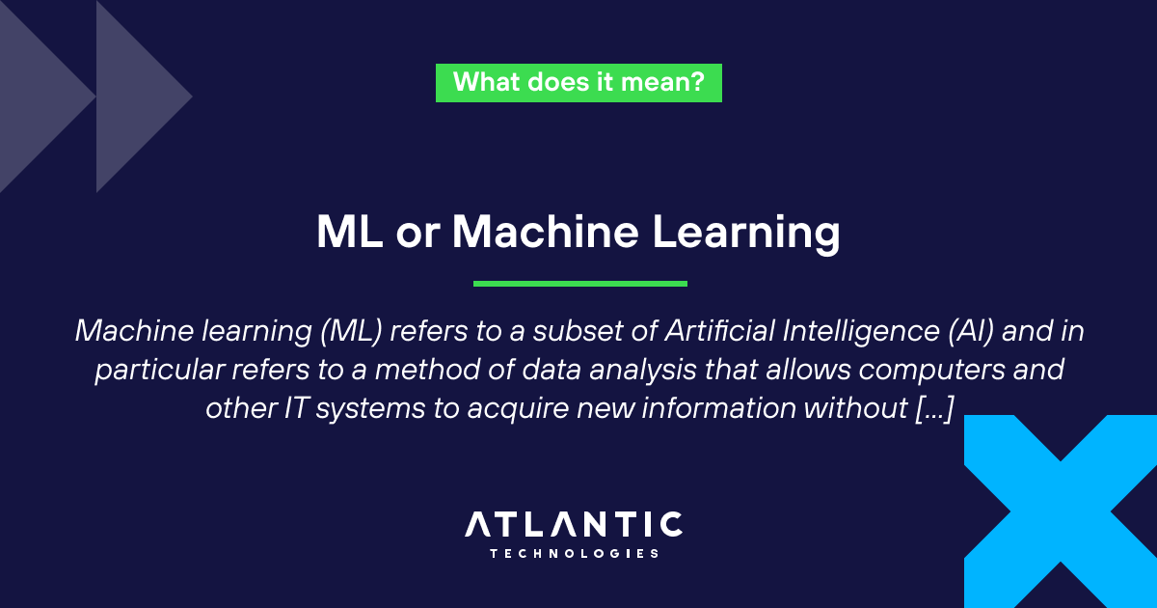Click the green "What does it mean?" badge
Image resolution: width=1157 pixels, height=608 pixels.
click(578, 83)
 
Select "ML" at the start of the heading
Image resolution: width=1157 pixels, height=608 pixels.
click(350, 232)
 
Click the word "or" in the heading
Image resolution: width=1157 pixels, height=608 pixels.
click(417, 236)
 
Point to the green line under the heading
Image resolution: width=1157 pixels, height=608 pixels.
click(580, 284)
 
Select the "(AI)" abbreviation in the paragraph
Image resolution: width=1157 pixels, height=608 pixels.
click(971, 331)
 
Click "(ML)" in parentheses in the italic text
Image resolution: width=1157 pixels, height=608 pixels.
click(351, 331)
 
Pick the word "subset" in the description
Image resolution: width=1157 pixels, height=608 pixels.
click(578, 331)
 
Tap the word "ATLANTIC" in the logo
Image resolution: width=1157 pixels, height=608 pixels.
click(574, 524)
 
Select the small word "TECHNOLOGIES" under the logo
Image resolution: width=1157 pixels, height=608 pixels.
click(574, 554)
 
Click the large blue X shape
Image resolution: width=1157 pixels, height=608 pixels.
click(1061, 511)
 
